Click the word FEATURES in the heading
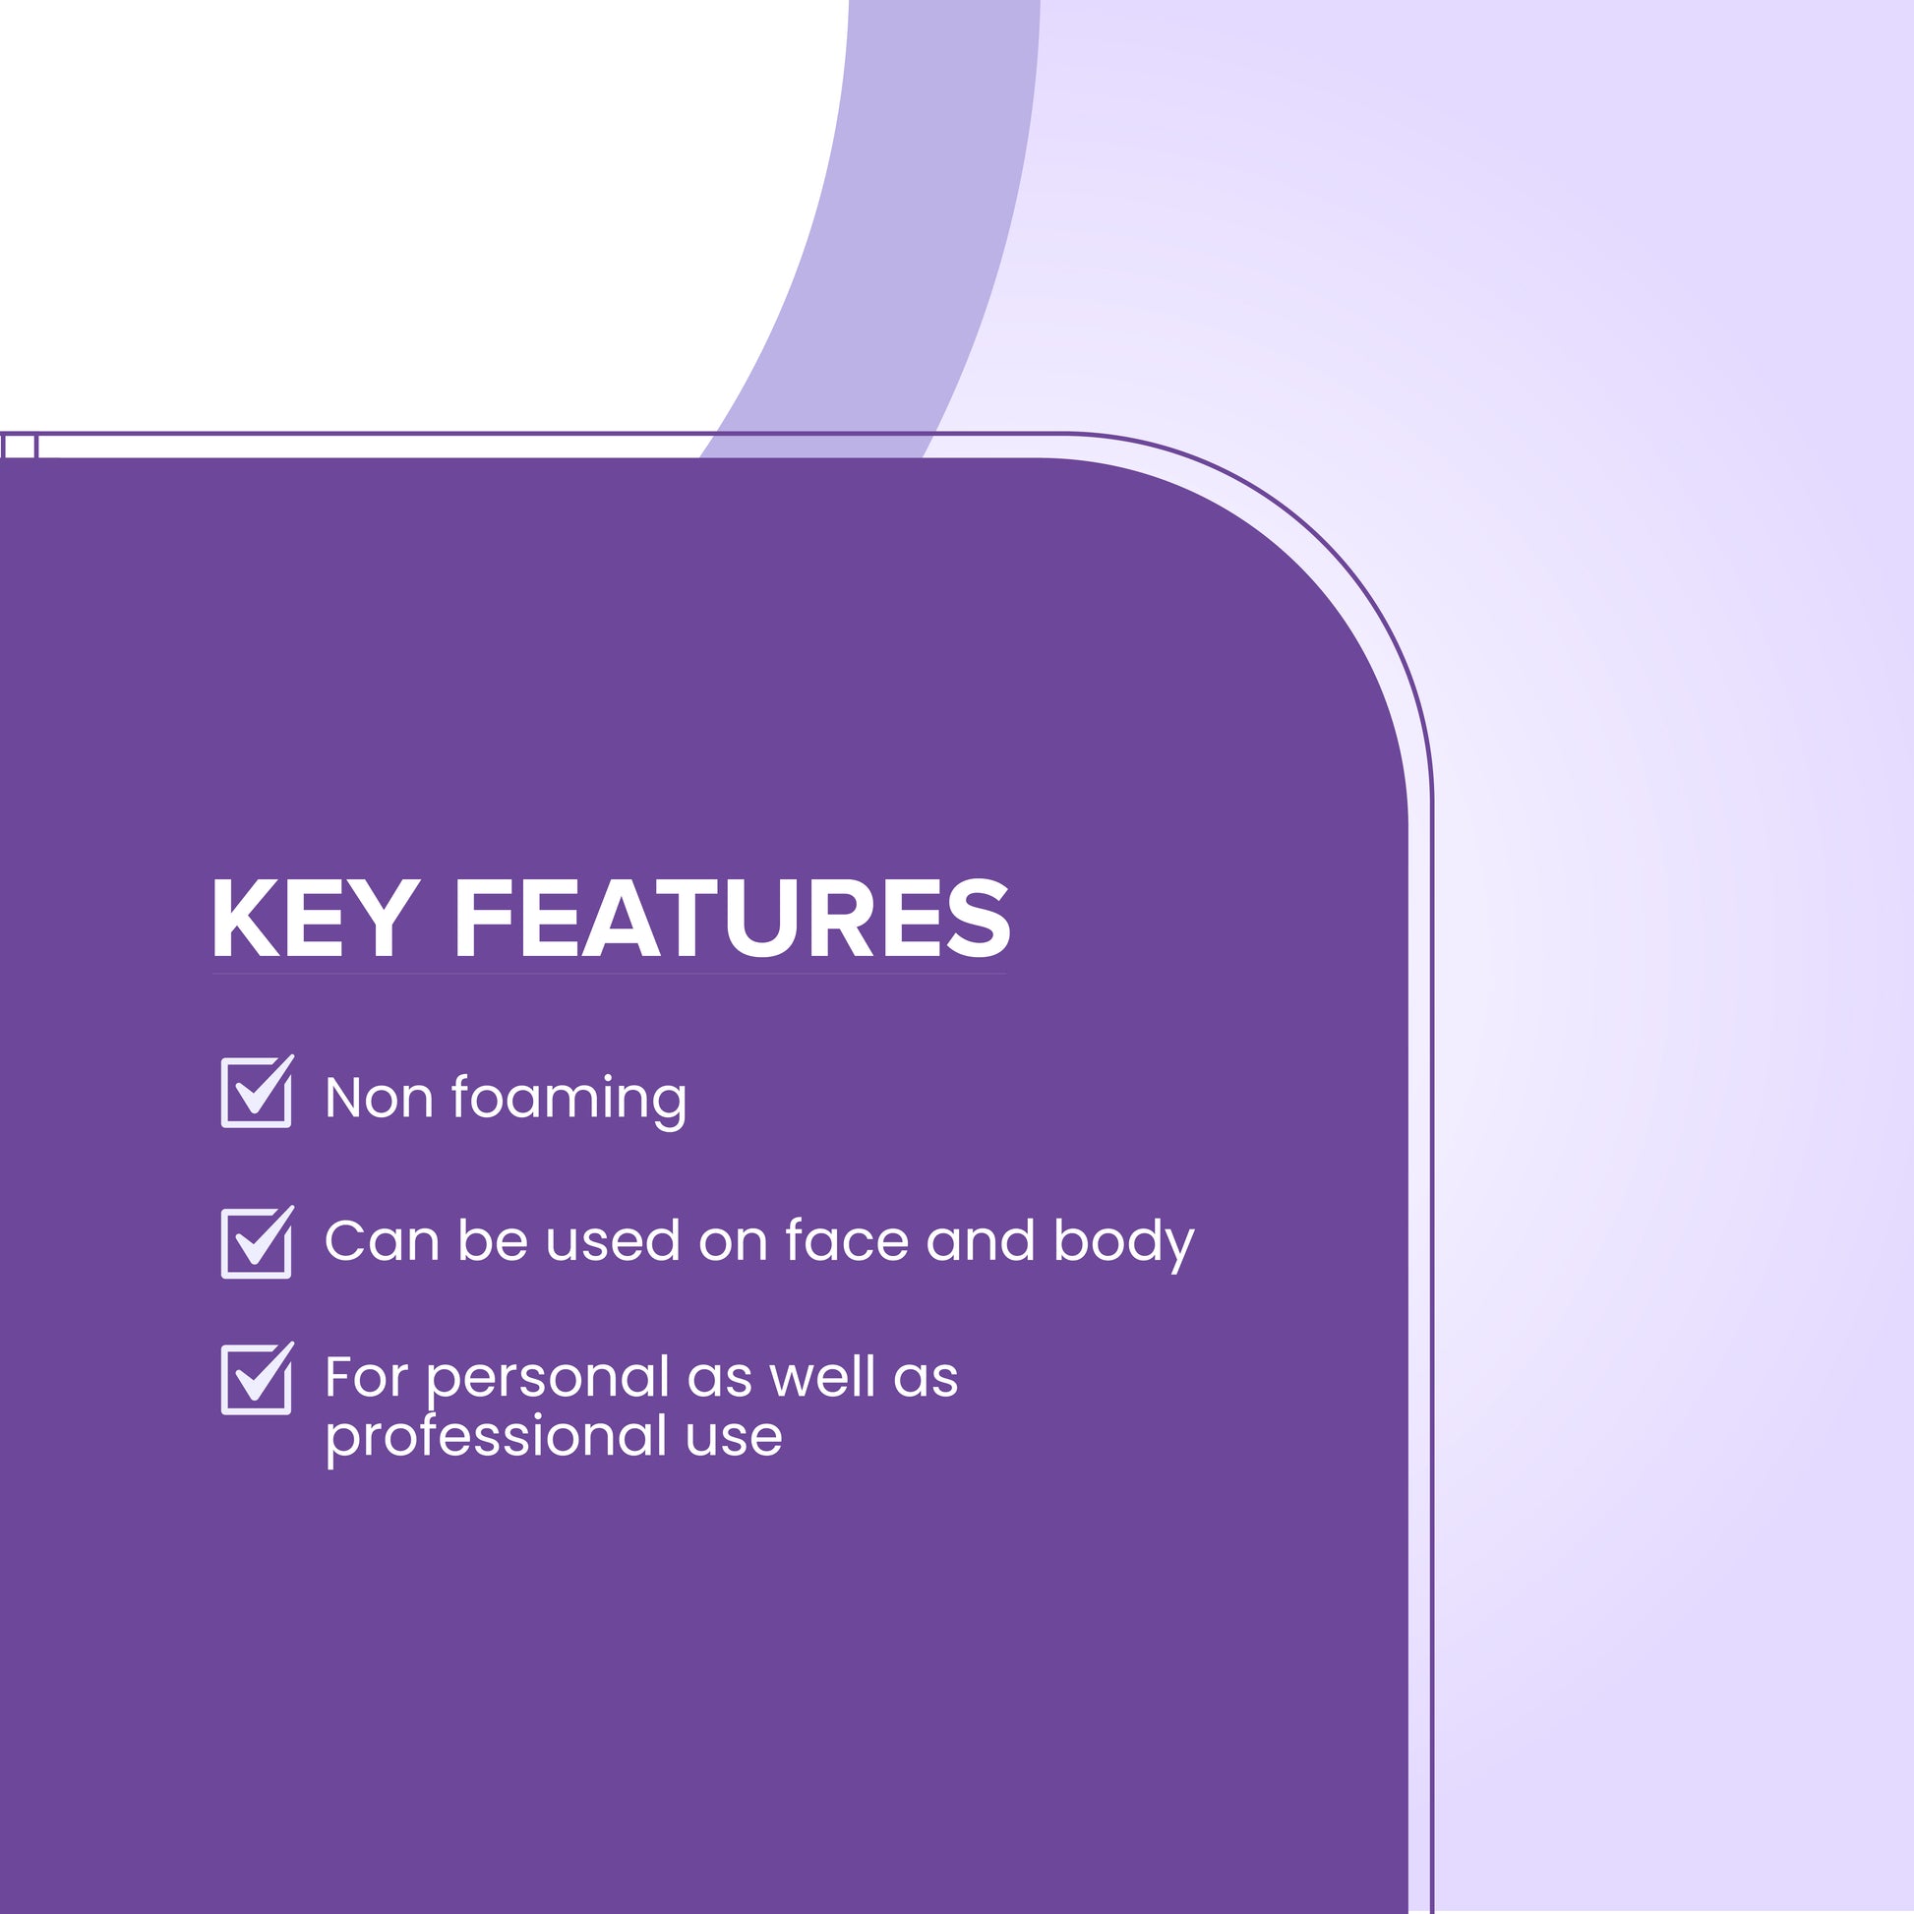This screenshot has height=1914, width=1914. point(732,919)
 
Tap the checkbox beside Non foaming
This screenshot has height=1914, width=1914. point(258,1092)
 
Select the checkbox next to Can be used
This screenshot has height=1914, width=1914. point(258,1242)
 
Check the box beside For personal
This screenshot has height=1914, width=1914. point(258,1378)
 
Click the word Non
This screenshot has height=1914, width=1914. point(380,1098)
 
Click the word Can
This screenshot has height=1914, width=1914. point(382,1241)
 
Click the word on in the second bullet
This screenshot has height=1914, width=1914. point(733,1243)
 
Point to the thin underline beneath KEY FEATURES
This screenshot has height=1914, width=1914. point(608,974)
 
